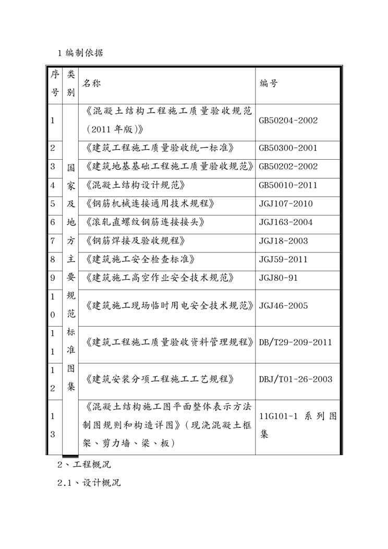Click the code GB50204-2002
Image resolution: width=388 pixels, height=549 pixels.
click(x=288, y=120)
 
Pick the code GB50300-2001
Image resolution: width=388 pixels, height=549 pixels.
click(x=288, y=148)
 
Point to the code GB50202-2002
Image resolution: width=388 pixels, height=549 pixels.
click(x=288, y=166)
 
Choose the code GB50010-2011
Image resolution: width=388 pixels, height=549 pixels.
click(x=288, y=185)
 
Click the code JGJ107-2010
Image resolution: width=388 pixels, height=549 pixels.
click(x=285, y=204)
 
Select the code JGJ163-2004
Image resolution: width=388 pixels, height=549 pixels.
click(x=285, y=222)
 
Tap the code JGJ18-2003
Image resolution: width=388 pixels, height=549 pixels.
click(x=283, y=241)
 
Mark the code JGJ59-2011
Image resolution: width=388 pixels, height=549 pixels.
click(x=283, y=259)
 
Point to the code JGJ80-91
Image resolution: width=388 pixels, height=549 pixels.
click(x=278, y=278)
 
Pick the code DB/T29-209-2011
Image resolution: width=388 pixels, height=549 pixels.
click(x=295, y=342)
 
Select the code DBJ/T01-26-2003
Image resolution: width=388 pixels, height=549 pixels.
click(x=295, y=379)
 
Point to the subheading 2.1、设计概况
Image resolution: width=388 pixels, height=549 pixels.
click(x=89, y=483)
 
